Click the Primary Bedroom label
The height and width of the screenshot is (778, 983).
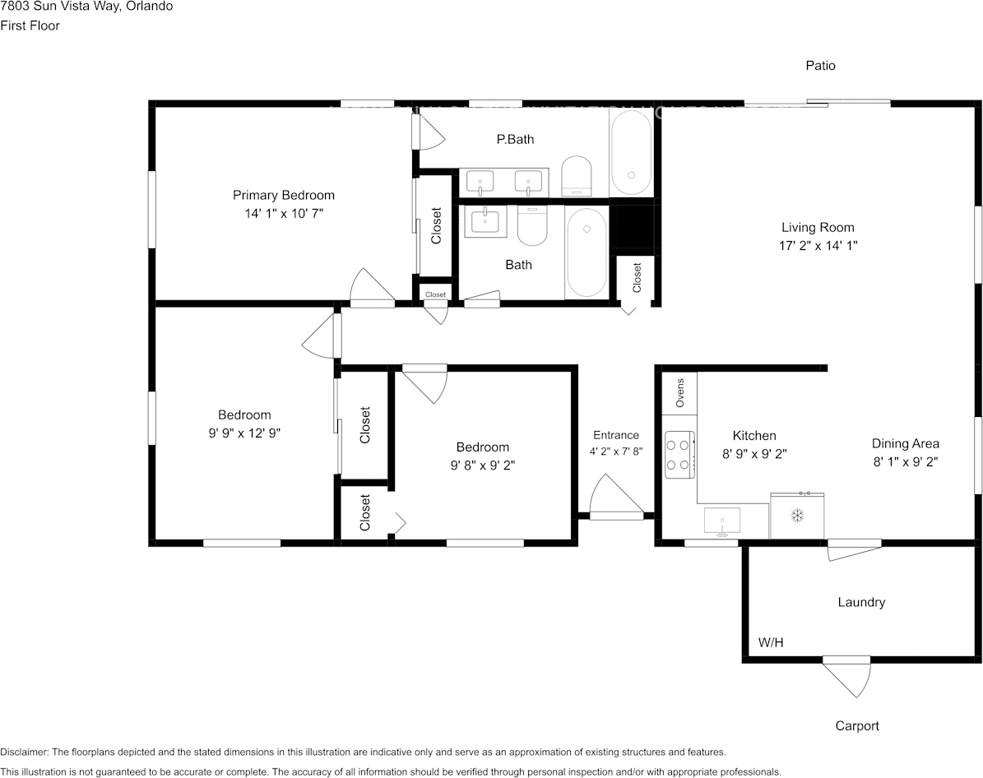click(283, 195)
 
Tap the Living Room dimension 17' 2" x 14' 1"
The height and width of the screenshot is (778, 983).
click(818, 246)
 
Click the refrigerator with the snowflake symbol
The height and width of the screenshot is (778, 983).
click(797, 516)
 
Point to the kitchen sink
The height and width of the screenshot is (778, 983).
click(722, 522)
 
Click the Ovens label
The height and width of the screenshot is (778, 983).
click(680, 393)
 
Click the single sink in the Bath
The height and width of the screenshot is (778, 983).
click(485, 223)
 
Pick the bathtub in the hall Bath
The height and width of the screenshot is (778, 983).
click(587, 252)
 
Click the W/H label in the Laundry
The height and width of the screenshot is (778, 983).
click(771, 642)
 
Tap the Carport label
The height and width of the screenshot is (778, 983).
click(857, 726)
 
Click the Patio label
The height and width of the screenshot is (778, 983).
click(820, 65)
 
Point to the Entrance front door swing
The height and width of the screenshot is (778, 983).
click(617, 497)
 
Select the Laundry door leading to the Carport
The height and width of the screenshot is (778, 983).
click(846, 676)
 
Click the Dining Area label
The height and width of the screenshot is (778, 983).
click(905, 444)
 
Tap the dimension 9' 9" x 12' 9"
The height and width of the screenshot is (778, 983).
click(244, 433)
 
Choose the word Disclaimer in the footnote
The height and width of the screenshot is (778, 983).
click(23, 752)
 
